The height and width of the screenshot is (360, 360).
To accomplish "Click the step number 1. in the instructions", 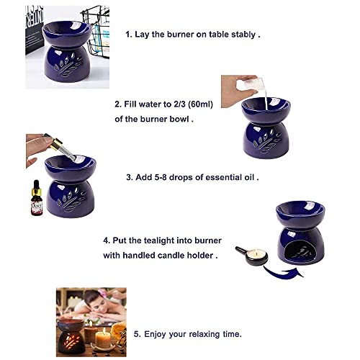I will point(130,34).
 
